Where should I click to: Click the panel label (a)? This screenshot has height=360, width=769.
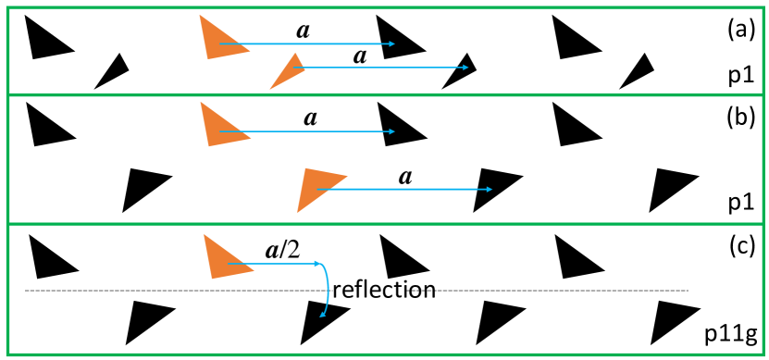[x=740, y=30]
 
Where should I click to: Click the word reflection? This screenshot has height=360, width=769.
[x=383, y=290]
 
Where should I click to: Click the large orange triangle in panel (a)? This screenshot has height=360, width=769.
[x=218, y=38]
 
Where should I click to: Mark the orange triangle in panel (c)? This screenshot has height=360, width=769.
[x=221, y=256]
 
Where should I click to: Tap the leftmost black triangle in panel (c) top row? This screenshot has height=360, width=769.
[x=47, y=256]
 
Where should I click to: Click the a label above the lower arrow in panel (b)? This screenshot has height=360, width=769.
[x=403, y=176]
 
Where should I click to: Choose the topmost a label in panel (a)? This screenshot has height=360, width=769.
[x=303, y=30]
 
